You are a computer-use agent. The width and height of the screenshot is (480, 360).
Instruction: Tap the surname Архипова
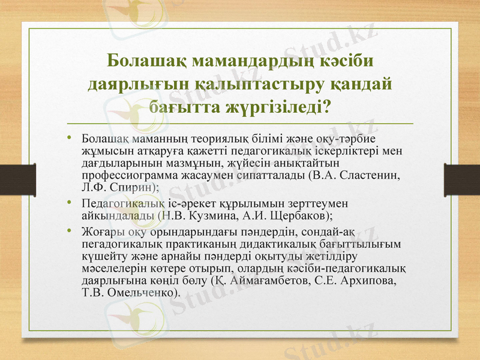(366, 280)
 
